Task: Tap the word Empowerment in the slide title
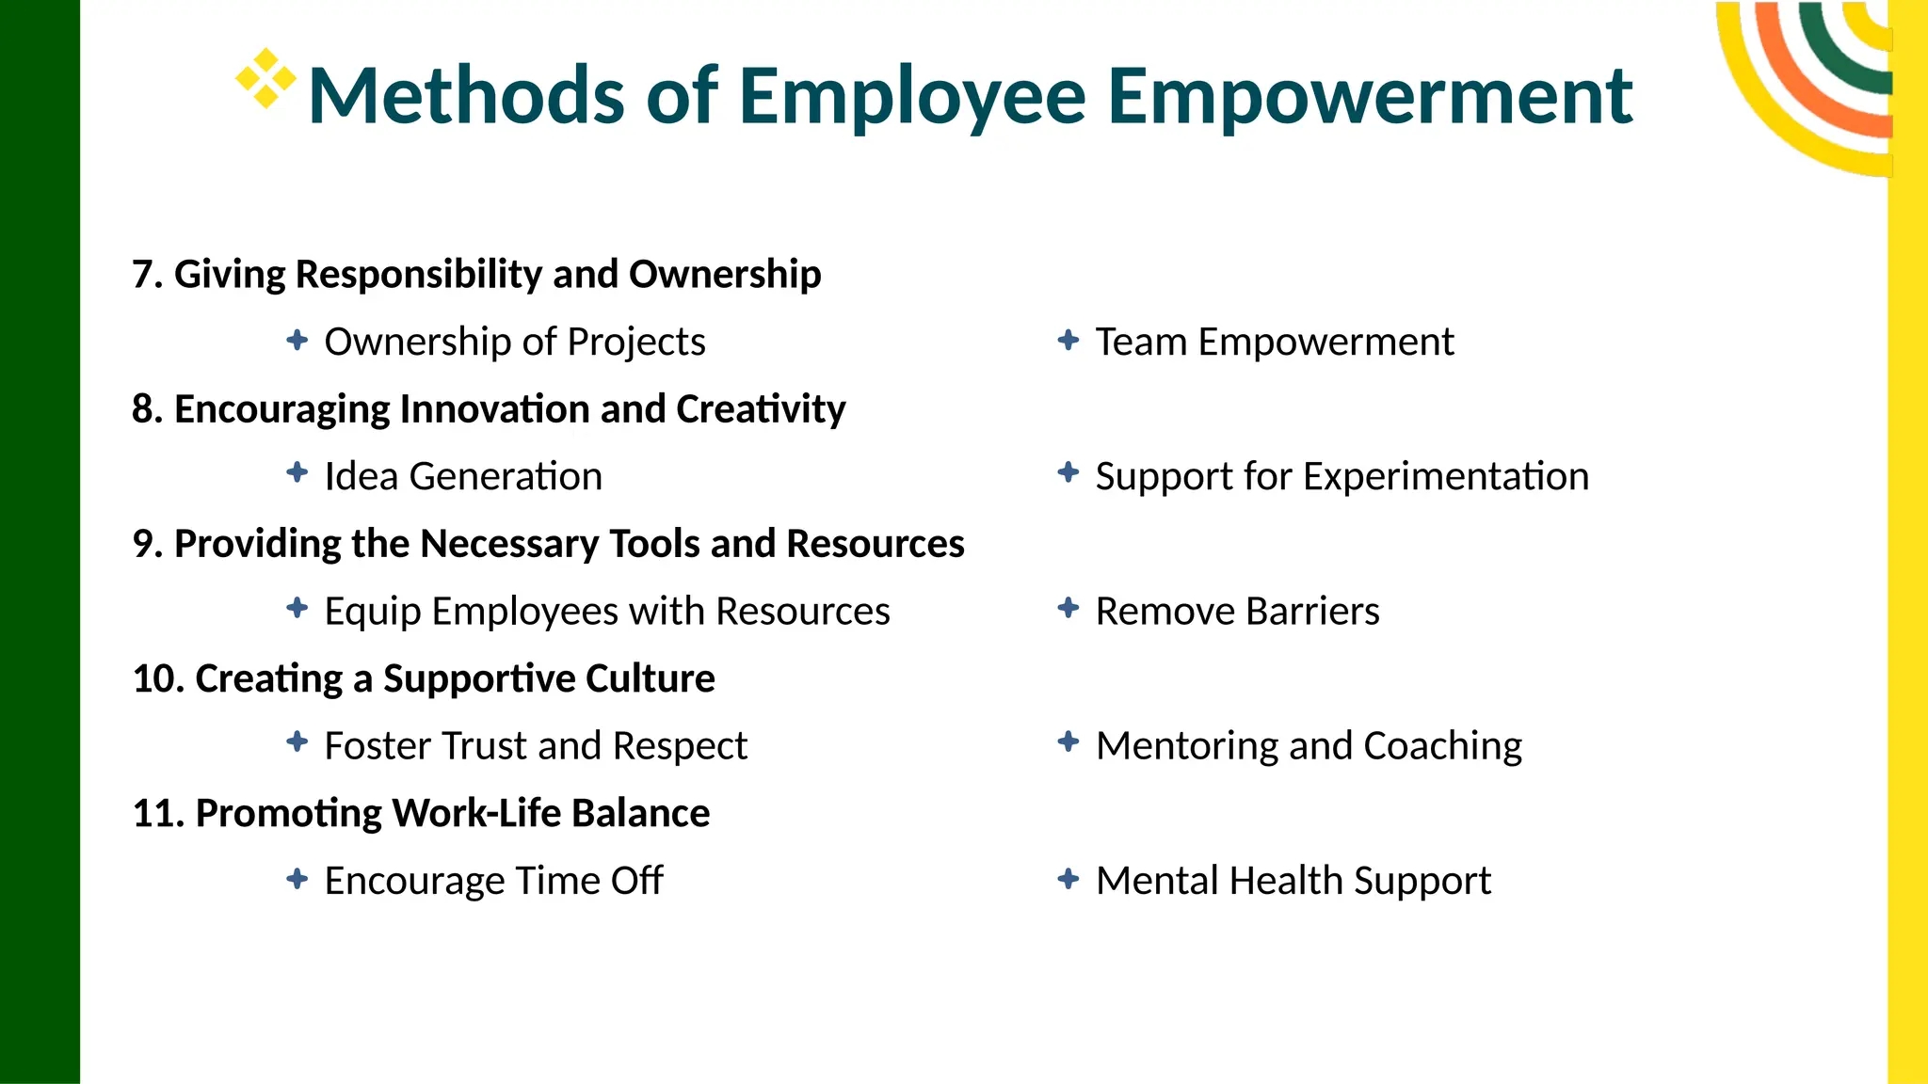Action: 1369,96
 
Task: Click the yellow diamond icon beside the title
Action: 265,78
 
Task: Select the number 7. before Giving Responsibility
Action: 148,275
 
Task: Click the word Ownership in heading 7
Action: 725,275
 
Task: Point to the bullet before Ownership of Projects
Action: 297,340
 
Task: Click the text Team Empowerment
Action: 1274,342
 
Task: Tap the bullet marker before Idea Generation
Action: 297,473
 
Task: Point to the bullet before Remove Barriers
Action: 1068,608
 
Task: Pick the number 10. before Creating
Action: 158,678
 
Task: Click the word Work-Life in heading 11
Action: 476,813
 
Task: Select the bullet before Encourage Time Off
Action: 297,879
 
